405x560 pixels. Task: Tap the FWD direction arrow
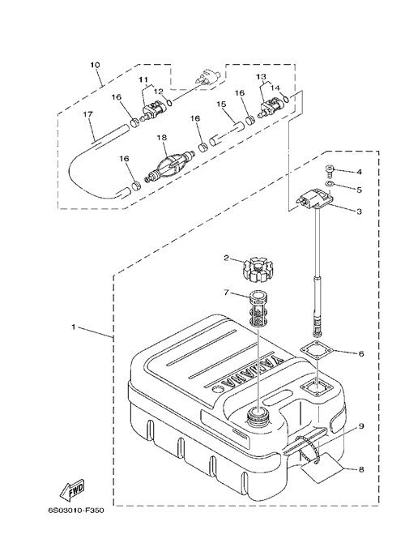pyautogui.click(x=72, y=488)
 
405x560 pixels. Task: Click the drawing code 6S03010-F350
pyautogui.click(x=76, y=511)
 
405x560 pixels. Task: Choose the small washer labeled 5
pyautogui.click(x=330, y=184)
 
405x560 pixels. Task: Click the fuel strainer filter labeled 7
pyautogui.click(x=258, y=309)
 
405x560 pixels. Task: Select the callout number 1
pyautogui.click(x=73, y=327)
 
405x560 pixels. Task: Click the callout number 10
pyautogui.click(x=95, y=65)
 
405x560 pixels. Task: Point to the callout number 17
pyautogui.click(x=88, y=114)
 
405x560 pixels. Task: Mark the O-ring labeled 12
pyautogui.click(x=170, y=102)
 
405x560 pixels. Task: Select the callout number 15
pyautogui.click(x=221, y=104)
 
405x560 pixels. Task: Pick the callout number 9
pyautogui.click(x=360, y=425)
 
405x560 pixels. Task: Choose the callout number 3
pyautogui.click(x=359, y=212)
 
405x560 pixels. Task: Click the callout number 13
pyautogui.click(x=261, y=76)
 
